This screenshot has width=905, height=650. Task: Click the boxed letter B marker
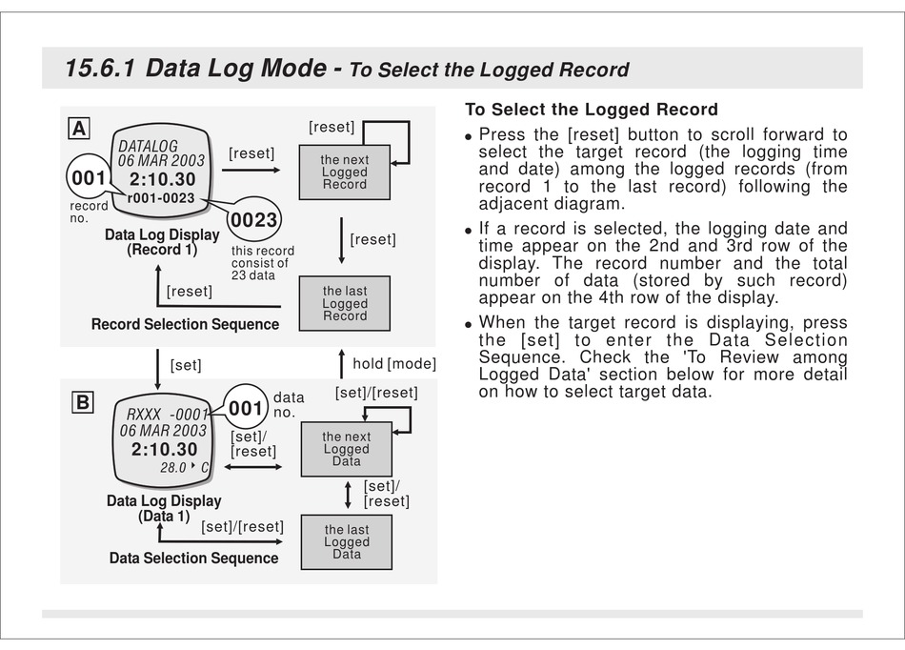click(x=83, y=402)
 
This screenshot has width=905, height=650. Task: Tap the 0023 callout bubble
click(x=254, y=220)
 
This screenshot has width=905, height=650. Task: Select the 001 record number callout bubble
click(x=89, y=178)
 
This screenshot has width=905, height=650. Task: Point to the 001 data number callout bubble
click(x=246, y=409)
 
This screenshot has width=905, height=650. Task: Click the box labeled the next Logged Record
click(x=344, y=173)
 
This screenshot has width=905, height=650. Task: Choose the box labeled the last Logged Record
click(x=344, y=304)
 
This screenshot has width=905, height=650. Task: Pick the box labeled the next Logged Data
click(x=346, y=449)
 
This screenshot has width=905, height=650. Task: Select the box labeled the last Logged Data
click(x=346, y=542)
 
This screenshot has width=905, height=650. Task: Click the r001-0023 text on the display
click(x=160, y=198)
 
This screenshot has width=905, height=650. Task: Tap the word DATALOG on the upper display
click(x=148, y=146)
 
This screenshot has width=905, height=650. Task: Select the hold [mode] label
click(x=393, y=363)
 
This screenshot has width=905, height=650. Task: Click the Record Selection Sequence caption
click(x=185, y=324)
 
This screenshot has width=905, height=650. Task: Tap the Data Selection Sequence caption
click(x=193, y=559)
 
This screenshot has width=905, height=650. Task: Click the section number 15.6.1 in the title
click(x=99, y=69)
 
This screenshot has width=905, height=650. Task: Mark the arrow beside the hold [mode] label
click(x=341, y=362)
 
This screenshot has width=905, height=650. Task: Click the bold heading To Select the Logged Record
click(x=591, y=110)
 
